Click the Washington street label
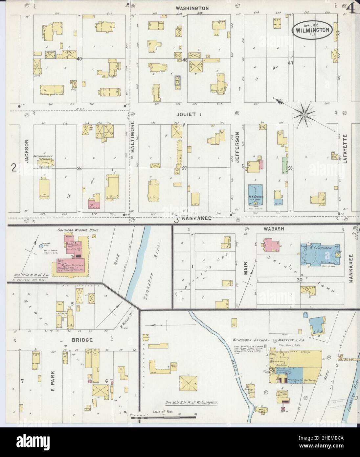(188, 8)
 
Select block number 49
(79, 59)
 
